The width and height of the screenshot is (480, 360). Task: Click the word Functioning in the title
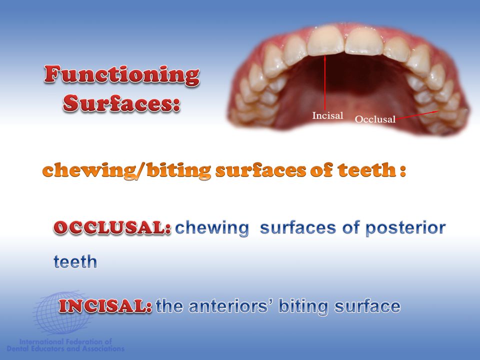pos(122,75)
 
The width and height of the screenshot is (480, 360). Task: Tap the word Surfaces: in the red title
pos(121,103)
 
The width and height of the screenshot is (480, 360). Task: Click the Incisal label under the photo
pos(327,116)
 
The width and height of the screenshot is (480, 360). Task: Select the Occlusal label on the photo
pos(375,119)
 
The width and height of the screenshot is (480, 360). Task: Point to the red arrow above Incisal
pos(325,80)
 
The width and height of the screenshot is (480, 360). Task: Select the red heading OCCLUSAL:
pos(112,228)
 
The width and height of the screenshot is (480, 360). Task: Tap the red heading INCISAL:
pos(105,306)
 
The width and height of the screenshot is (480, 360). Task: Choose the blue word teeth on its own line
pos(75,262)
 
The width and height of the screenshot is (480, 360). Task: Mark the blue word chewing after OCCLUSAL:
pos(212,228)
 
